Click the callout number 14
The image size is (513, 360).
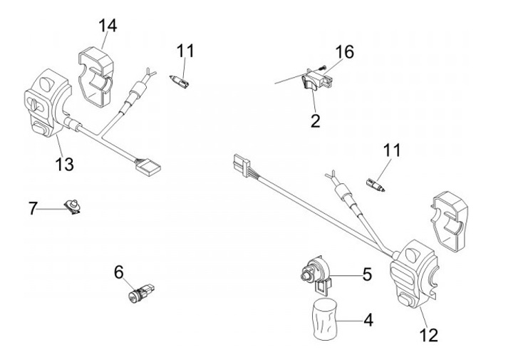point(108,26)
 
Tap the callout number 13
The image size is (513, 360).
point(64,165)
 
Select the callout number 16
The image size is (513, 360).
point(344,53)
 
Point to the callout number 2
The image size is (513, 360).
point(315,120)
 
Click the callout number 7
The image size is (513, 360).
point(33,209)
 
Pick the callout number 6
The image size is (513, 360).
point(119,271)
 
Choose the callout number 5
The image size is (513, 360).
point(367,273)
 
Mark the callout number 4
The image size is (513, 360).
point(368,320)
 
